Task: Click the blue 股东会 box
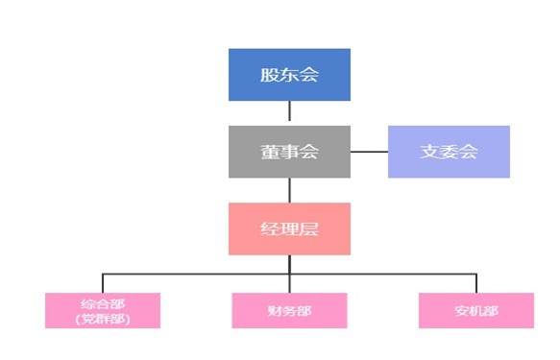[x=289, y=75]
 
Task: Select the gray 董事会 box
[x=289, y=152]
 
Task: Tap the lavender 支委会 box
[x=449, y=152]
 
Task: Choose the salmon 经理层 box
[x=289, y=228]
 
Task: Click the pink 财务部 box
[x=289, y=310]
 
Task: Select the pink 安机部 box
[x=476, y=310]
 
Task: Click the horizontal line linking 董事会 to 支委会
[x=369, y=152]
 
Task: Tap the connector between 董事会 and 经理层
[x=289, y=190]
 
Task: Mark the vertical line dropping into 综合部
[x=102, y=283]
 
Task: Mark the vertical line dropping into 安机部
[x=476, y=283]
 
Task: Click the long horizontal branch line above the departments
[x=192, y=275]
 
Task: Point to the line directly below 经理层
[x=289, y=264]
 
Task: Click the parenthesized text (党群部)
[x=102, y=319]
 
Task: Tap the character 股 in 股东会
[x=269, y=75]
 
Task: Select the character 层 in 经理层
[x=309, y=228]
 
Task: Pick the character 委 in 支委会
[x=449, y=152]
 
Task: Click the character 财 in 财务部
[x=276, y=310]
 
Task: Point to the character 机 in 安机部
[x=476, y=310]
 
